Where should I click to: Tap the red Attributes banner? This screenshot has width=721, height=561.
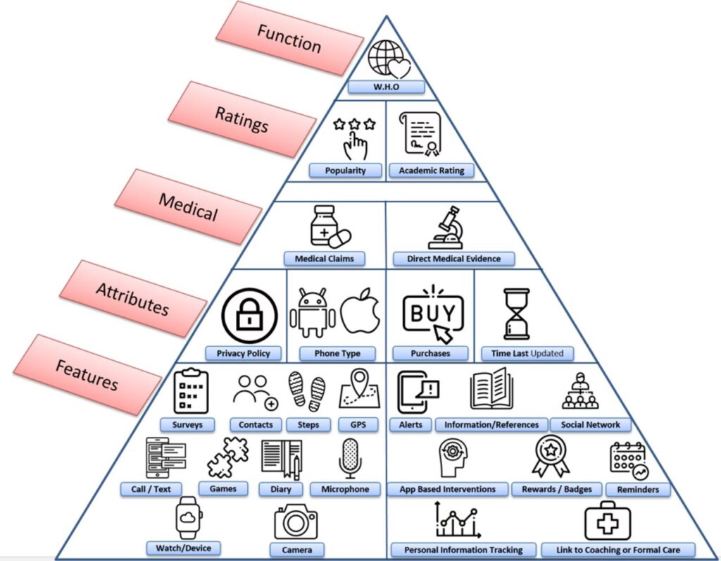pos(133,298)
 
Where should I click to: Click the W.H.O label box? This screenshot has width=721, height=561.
pos(387,87)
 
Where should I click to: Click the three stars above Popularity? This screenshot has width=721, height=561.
pos(353,125)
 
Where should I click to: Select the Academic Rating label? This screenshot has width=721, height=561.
pos(432,171)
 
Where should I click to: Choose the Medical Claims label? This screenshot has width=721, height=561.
pos(325,259)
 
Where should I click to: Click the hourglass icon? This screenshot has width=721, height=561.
pos(518,314)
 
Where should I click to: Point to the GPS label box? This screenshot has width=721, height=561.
pos(358,425)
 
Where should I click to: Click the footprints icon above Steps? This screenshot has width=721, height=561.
pos(307,393)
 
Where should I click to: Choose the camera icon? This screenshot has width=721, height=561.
pos(296,523)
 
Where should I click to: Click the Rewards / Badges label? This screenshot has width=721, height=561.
pos(557,489)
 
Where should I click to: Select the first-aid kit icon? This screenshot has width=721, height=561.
pos(607,523)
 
